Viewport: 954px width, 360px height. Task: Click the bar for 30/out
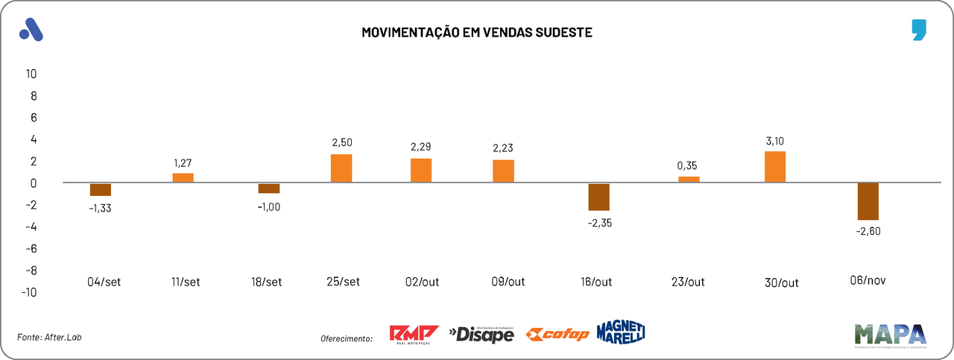click(775, 167)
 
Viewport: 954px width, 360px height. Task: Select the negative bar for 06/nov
click(868, 201)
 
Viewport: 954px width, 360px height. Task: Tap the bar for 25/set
click(341, 168)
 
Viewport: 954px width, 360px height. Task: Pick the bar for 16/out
click(598, 197)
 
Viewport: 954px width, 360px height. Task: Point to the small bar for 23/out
click(689, 180)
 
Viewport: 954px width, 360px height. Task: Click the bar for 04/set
click(101, 189)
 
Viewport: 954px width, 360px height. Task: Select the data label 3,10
click(775, 141)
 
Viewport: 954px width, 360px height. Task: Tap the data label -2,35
click(600, 223)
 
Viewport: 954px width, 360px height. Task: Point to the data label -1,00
click(269, 206)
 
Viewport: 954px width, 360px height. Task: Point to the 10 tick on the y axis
click(31, 74)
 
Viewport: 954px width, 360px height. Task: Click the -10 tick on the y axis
click(28, 291)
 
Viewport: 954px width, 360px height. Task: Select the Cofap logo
click(557, 334)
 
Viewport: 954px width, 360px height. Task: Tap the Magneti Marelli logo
click(620, 332)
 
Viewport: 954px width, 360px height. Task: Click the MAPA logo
click(890, 335)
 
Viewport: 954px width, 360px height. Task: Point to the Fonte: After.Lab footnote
click(49, 337)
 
